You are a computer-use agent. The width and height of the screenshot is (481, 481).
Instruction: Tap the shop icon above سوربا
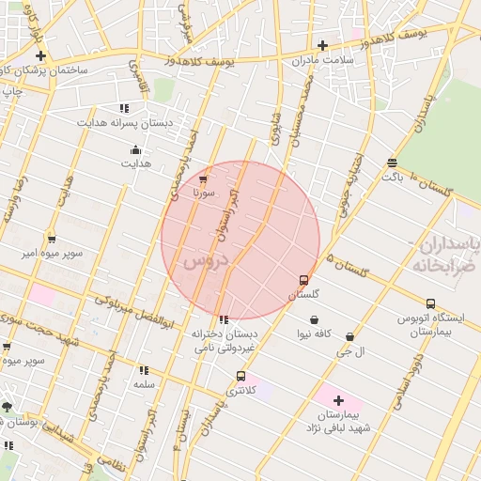[204, 178]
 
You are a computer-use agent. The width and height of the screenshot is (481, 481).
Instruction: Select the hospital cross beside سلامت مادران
[322, 44]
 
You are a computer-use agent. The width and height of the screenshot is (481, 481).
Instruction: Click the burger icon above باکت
[391, 163]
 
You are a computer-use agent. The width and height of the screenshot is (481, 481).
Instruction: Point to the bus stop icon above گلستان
[303, 280]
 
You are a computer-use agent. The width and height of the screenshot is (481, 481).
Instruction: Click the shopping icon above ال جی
[350, 336]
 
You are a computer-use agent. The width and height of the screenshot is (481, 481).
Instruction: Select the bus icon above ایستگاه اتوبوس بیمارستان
[430, 303]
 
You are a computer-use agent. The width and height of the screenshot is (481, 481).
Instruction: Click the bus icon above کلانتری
[241, 376]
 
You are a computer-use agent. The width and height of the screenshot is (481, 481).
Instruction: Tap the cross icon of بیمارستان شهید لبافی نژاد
[339, 401]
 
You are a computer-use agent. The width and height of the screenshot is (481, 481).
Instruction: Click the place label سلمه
[144, 385]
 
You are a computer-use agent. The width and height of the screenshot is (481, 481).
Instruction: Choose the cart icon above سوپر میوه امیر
[51, 240]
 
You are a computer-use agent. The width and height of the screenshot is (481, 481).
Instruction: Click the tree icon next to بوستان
[8, 407]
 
